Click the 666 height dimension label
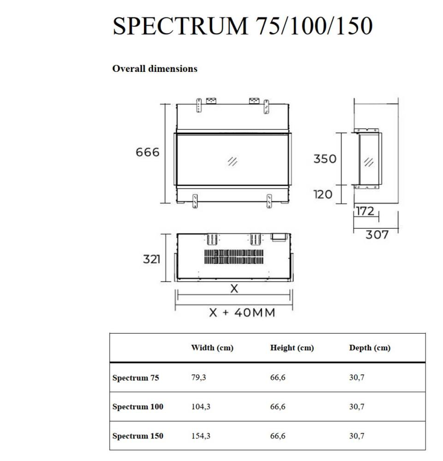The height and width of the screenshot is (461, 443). pos(147,152)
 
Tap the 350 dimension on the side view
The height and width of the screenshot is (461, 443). pos(325,159)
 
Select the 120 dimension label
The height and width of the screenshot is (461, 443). pos(323,194)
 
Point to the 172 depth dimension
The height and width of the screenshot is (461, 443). pos(365,212)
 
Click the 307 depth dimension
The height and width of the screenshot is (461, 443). pos(377,235)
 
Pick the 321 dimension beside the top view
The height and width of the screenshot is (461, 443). pos(151,259)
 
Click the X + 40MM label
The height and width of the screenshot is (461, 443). pos(242,313)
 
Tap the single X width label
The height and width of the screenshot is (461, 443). pos(234,289)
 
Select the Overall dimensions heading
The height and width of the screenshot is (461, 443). pos(155,69)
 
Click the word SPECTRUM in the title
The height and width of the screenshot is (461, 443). pos(180,26)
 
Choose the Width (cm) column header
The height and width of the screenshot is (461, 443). pos(212,348)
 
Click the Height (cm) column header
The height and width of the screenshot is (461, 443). pos(292,348)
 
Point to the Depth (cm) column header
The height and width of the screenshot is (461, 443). pos(370,348)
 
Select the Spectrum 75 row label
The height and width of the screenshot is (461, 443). pos(136,378)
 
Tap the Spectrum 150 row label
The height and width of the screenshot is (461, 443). pos(138,436)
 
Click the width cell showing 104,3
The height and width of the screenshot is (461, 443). pos(201,407)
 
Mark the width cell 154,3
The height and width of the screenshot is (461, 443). pos(201,436)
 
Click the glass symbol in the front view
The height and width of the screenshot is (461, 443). pos(233,161)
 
